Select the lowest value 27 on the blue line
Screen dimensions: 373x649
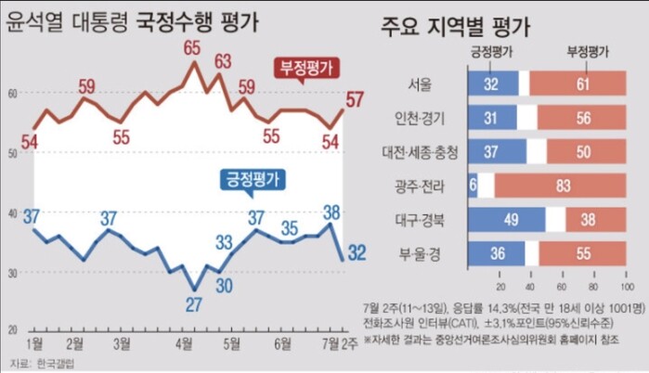pos(193,303)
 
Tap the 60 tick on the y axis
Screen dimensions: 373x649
pos(13,93)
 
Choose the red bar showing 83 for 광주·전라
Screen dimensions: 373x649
pos(561,186)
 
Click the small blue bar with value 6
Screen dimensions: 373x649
pos(474,186)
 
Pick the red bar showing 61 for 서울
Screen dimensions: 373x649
pos(579,85)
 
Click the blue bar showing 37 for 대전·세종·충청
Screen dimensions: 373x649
pos(498,152)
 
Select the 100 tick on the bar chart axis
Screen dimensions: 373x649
pos(628,278)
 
